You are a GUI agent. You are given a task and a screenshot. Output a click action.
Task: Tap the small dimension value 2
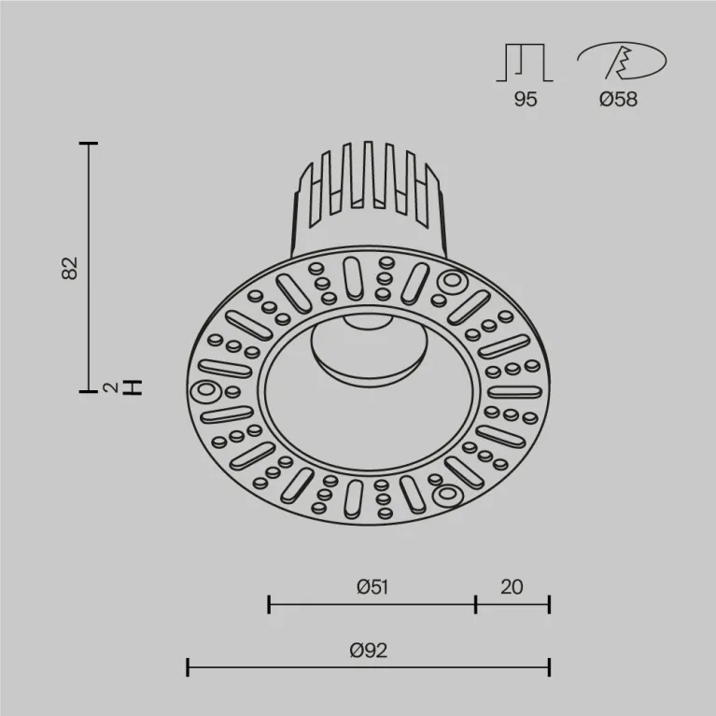point(110,387)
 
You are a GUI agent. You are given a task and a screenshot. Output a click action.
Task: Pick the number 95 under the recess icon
point(526,99)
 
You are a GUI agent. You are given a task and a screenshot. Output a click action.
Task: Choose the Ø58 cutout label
point(618,99)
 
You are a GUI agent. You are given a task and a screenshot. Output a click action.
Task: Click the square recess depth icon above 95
point(526,63)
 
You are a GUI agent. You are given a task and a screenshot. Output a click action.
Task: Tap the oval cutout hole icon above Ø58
point(620,62)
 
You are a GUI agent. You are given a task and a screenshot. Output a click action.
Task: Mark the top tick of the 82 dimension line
point(89,144)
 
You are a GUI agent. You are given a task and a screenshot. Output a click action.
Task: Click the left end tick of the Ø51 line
point(269,604)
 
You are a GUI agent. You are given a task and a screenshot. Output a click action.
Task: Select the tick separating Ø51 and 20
point(475,604)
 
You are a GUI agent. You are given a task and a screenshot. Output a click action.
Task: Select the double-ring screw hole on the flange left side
point(204,391)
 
